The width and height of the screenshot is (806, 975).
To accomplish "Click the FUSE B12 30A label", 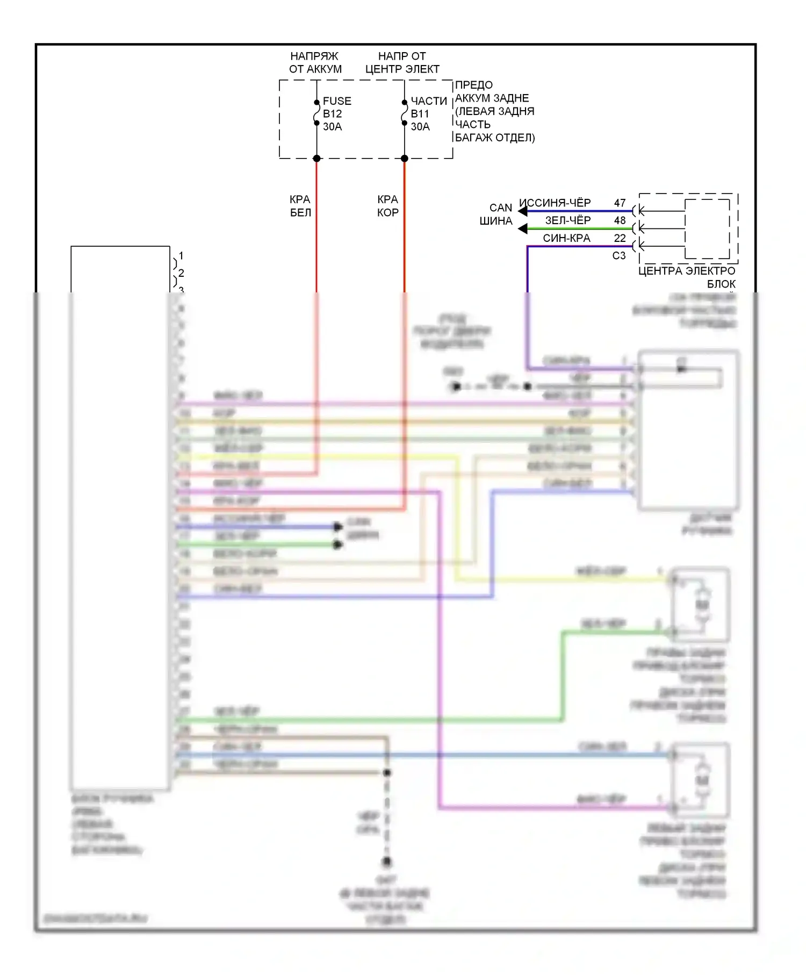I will [336, 113].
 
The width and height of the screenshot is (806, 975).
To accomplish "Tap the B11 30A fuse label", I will [420, 120].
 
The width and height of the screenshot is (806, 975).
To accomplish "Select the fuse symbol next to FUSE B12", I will [317, 113].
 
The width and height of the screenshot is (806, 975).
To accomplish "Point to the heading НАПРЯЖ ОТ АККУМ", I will [315, 62].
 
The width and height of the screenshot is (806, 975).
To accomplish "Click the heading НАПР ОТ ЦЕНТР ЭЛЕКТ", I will [402, 62].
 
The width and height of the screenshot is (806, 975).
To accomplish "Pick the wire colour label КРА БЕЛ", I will [300, 206].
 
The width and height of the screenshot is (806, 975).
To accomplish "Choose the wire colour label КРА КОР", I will [387, 206].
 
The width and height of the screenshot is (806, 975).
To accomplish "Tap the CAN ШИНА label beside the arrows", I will [497, 214].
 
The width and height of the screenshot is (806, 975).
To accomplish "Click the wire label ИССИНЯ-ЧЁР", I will [555, 203].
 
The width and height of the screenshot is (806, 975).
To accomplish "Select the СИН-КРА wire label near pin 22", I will [566, 238].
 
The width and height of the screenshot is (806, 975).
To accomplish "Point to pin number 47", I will [620, 203].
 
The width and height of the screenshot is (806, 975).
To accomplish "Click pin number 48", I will [620, 220].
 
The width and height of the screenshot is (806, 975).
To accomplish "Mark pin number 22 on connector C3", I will [620, 238].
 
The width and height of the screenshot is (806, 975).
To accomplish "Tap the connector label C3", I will [619, 256].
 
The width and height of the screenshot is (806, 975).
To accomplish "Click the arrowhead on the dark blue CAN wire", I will [522, 211].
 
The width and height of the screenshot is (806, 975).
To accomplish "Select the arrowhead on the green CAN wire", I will [522, 229].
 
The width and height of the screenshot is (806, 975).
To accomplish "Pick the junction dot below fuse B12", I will [317, 158].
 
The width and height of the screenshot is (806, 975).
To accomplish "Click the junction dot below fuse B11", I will [405, 158].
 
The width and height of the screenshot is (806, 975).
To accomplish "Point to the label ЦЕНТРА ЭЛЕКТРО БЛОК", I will [687, 277].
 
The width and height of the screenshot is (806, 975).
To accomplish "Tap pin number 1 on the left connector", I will [181, 255].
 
